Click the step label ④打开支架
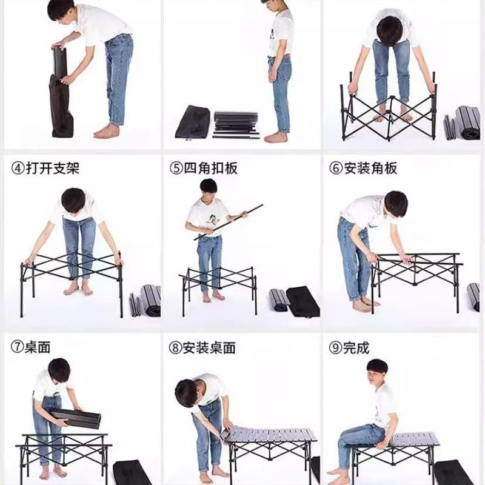pyautogui.click(x=45, y=168)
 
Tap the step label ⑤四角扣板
pyautogui.click(x=203, y=168)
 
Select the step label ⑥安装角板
pyautogui.click(x=363, y=168)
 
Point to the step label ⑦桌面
pyautogui.click(x=30, y=347)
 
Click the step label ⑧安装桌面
pyautogui.click(x=203, y=347)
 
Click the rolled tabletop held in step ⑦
pyautogui.click(x=76, y=418)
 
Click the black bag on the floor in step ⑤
pyautogui.click(x=303, y=301)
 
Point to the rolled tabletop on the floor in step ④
pyautogui.click(x=145, y=300)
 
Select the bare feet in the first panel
pyautogui.click(x=107, y=132)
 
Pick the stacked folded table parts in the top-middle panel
pyautogui.click(x=236, y=125)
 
